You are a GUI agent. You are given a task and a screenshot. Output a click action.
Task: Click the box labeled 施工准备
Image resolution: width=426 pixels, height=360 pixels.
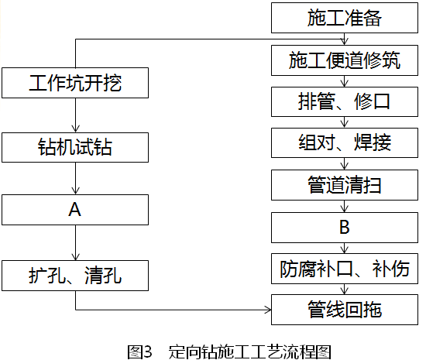click(344, 18)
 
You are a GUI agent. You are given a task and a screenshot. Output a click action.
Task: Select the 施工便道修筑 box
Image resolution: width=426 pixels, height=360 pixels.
click(344, 60)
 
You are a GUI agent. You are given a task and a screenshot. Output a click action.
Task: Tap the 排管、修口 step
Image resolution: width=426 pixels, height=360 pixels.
click(344, 102)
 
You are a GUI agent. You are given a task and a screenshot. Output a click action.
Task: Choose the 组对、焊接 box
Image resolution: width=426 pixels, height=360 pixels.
click(344, 142)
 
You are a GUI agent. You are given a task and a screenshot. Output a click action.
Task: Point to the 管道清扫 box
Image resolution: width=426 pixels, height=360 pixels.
click(344, 185)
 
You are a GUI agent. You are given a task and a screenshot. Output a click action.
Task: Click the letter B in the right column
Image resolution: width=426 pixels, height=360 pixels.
click(344, 228)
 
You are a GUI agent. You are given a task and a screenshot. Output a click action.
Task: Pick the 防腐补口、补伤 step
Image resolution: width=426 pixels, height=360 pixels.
click(344, 269)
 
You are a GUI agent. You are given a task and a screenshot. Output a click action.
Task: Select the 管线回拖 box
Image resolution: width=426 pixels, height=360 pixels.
click(344, 310)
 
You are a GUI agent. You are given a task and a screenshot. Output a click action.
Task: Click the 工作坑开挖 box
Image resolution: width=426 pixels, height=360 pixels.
click(75, 83)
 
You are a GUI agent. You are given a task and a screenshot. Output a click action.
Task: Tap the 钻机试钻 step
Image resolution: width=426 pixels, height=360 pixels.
click(75, 147)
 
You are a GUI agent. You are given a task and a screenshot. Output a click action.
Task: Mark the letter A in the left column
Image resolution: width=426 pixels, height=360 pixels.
click(74, 210)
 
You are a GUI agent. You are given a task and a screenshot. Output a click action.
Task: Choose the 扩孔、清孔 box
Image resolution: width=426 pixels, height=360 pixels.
click(75, 276)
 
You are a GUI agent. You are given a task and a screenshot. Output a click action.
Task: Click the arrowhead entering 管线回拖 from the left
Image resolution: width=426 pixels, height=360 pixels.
click(269, 310)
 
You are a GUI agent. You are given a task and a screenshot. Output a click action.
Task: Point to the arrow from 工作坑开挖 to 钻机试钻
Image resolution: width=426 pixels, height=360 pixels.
click(75, 115)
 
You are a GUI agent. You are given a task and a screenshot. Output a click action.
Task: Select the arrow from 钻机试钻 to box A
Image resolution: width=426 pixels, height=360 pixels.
click(75, 178)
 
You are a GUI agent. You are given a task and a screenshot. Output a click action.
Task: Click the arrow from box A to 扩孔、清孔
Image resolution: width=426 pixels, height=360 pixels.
click(75, 242)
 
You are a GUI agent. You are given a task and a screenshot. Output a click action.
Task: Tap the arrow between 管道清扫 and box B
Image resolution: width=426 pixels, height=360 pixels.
click(344, 207)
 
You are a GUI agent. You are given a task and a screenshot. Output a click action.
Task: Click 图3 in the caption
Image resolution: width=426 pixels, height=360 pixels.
click(139, 351)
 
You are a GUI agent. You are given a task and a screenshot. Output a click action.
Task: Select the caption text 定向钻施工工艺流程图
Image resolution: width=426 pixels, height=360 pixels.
click(250, 351)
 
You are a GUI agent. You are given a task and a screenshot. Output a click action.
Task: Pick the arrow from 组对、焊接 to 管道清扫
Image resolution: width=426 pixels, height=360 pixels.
click(344, 163)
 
